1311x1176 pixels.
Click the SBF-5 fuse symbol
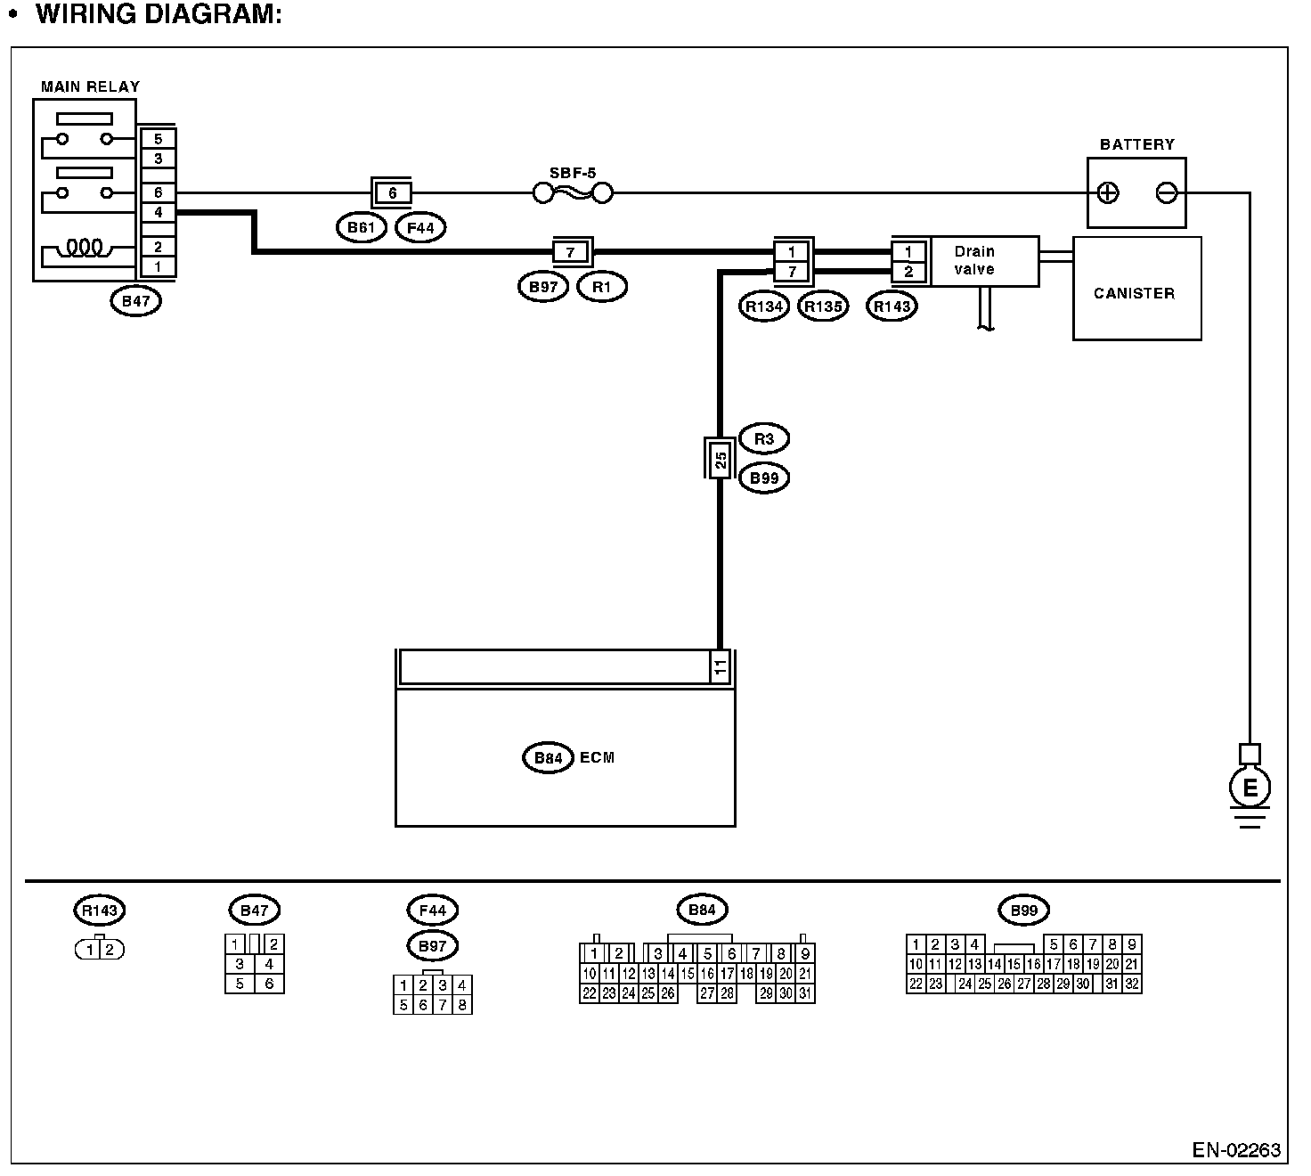[573, 192]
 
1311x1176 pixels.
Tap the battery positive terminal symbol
[1108, 192]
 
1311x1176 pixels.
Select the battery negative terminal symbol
[1166, 192]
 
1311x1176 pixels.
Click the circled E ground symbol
[1250, 788]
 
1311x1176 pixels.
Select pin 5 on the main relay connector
[158, 139]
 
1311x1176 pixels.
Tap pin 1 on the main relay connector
[158, 266]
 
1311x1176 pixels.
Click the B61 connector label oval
[361, 228]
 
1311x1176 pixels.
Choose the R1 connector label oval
[602, 287]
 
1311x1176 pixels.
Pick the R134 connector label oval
[764, 306]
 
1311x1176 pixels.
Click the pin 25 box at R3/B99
[720, 460]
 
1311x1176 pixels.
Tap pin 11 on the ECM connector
[720, 666]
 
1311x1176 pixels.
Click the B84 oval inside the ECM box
[548, 757]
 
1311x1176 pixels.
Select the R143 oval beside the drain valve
[892, 306]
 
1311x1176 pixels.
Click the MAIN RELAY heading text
[90, 87]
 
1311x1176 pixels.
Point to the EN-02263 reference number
[1236, 1150]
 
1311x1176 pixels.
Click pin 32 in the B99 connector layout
[1132, 984]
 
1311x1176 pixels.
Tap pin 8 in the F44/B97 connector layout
[461, 1005]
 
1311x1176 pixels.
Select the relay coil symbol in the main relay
[85, 247]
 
